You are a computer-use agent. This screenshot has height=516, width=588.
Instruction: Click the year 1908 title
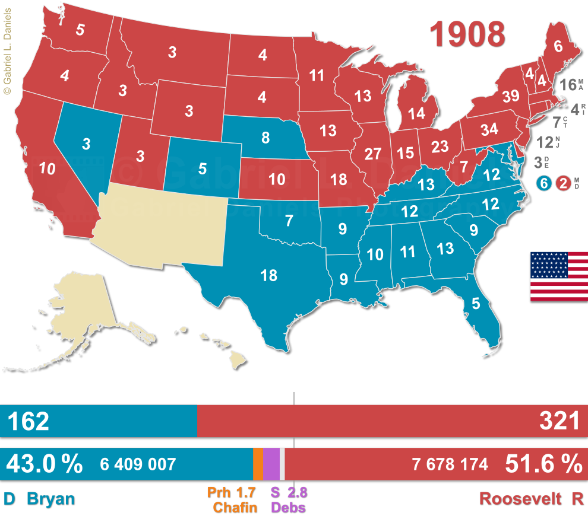tap(468, 34)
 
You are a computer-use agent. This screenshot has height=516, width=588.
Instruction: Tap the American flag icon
tap(559, 276)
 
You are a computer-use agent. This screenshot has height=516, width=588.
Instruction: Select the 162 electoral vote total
tap(29, 421)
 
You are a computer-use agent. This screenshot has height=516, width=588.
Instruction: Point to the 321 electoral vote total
tap(559, 421)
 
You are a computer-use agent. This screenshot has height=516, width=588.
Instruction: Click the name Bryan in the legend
tap(52, 499)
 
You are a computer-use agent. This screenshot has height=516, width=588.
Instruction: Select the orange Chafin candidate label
tap(235, 507)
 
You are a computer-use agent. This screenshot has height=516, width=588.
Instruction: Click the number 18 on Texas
tap(268, 275)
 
